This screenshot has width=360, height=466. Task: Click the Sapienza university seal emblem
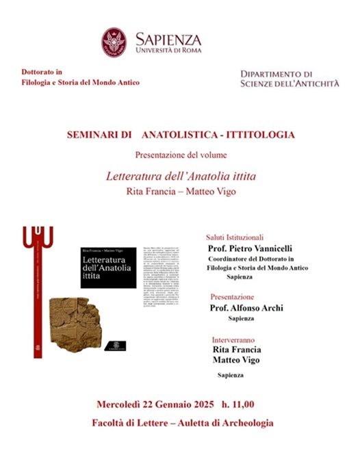[x=114, y=42]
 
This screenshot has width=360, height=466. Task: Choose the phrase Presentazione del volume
[x=179, y=154]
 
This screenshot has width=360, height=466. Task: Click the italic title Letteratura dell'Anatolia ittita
[x=180, y=176]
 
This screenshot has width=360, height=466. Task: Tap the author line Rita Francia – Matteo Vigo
[x=180, y=191]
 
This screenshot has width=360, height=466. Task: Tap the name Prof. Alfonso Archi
[x=247, y=309]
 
